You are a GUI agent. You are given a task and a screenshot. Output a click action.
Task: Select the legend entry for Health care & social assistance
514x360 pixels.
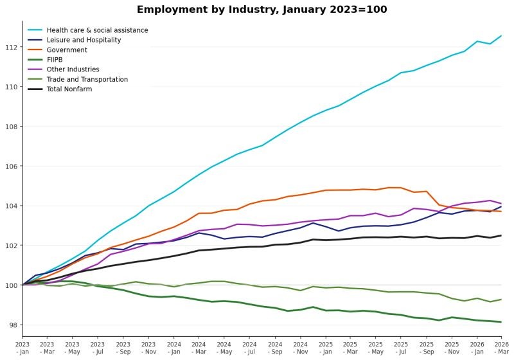[97, 30]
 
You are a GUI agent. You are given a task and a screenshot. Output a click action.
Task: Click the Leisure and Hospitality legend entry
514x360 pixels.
[84, 40]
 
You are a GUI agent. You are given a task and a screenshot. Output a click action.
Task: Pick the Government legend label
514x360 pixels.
[67, 50]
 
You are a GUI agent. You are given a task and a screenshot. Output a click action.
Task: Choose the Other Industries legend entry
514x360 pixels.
[73, 69]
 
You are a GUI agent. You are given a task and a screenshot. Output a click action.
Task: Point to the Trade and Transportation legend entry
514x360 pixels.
[87, 80]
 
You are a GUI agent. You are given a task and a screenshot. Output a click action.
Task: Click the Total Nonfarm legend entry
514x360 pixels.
[69, 89]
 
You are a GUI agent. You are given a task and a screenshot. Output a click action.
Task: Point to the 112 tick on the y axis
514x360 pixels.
[12, 47]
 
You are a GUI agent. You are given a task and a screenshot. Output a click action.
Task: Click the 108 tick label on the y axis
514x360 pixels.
[12, 127]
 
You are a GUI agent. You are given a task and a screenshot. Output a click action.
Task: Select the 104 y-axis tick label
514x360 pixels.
[12, 206]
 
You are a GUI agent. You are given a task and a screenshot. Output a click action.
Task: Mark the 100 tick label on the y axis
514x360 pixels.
[12, 285]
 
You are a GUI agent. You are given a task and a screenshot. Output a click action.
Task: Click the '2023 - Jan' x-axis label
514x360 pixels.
[22, 348]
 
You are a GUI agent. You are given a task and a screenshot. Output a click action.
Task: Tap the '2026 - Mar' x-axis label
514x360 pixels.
[501, 348]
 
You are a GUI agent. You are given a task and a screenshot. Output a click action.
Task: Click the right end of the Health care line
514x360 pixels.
[501, 36]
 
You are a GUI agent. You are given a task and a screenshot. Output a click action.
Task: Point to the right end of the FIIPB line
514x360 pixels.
[501, 322]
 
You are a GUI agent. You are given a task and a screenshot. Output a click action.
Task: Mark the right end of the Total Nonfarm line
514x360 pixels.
[501, 235]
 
